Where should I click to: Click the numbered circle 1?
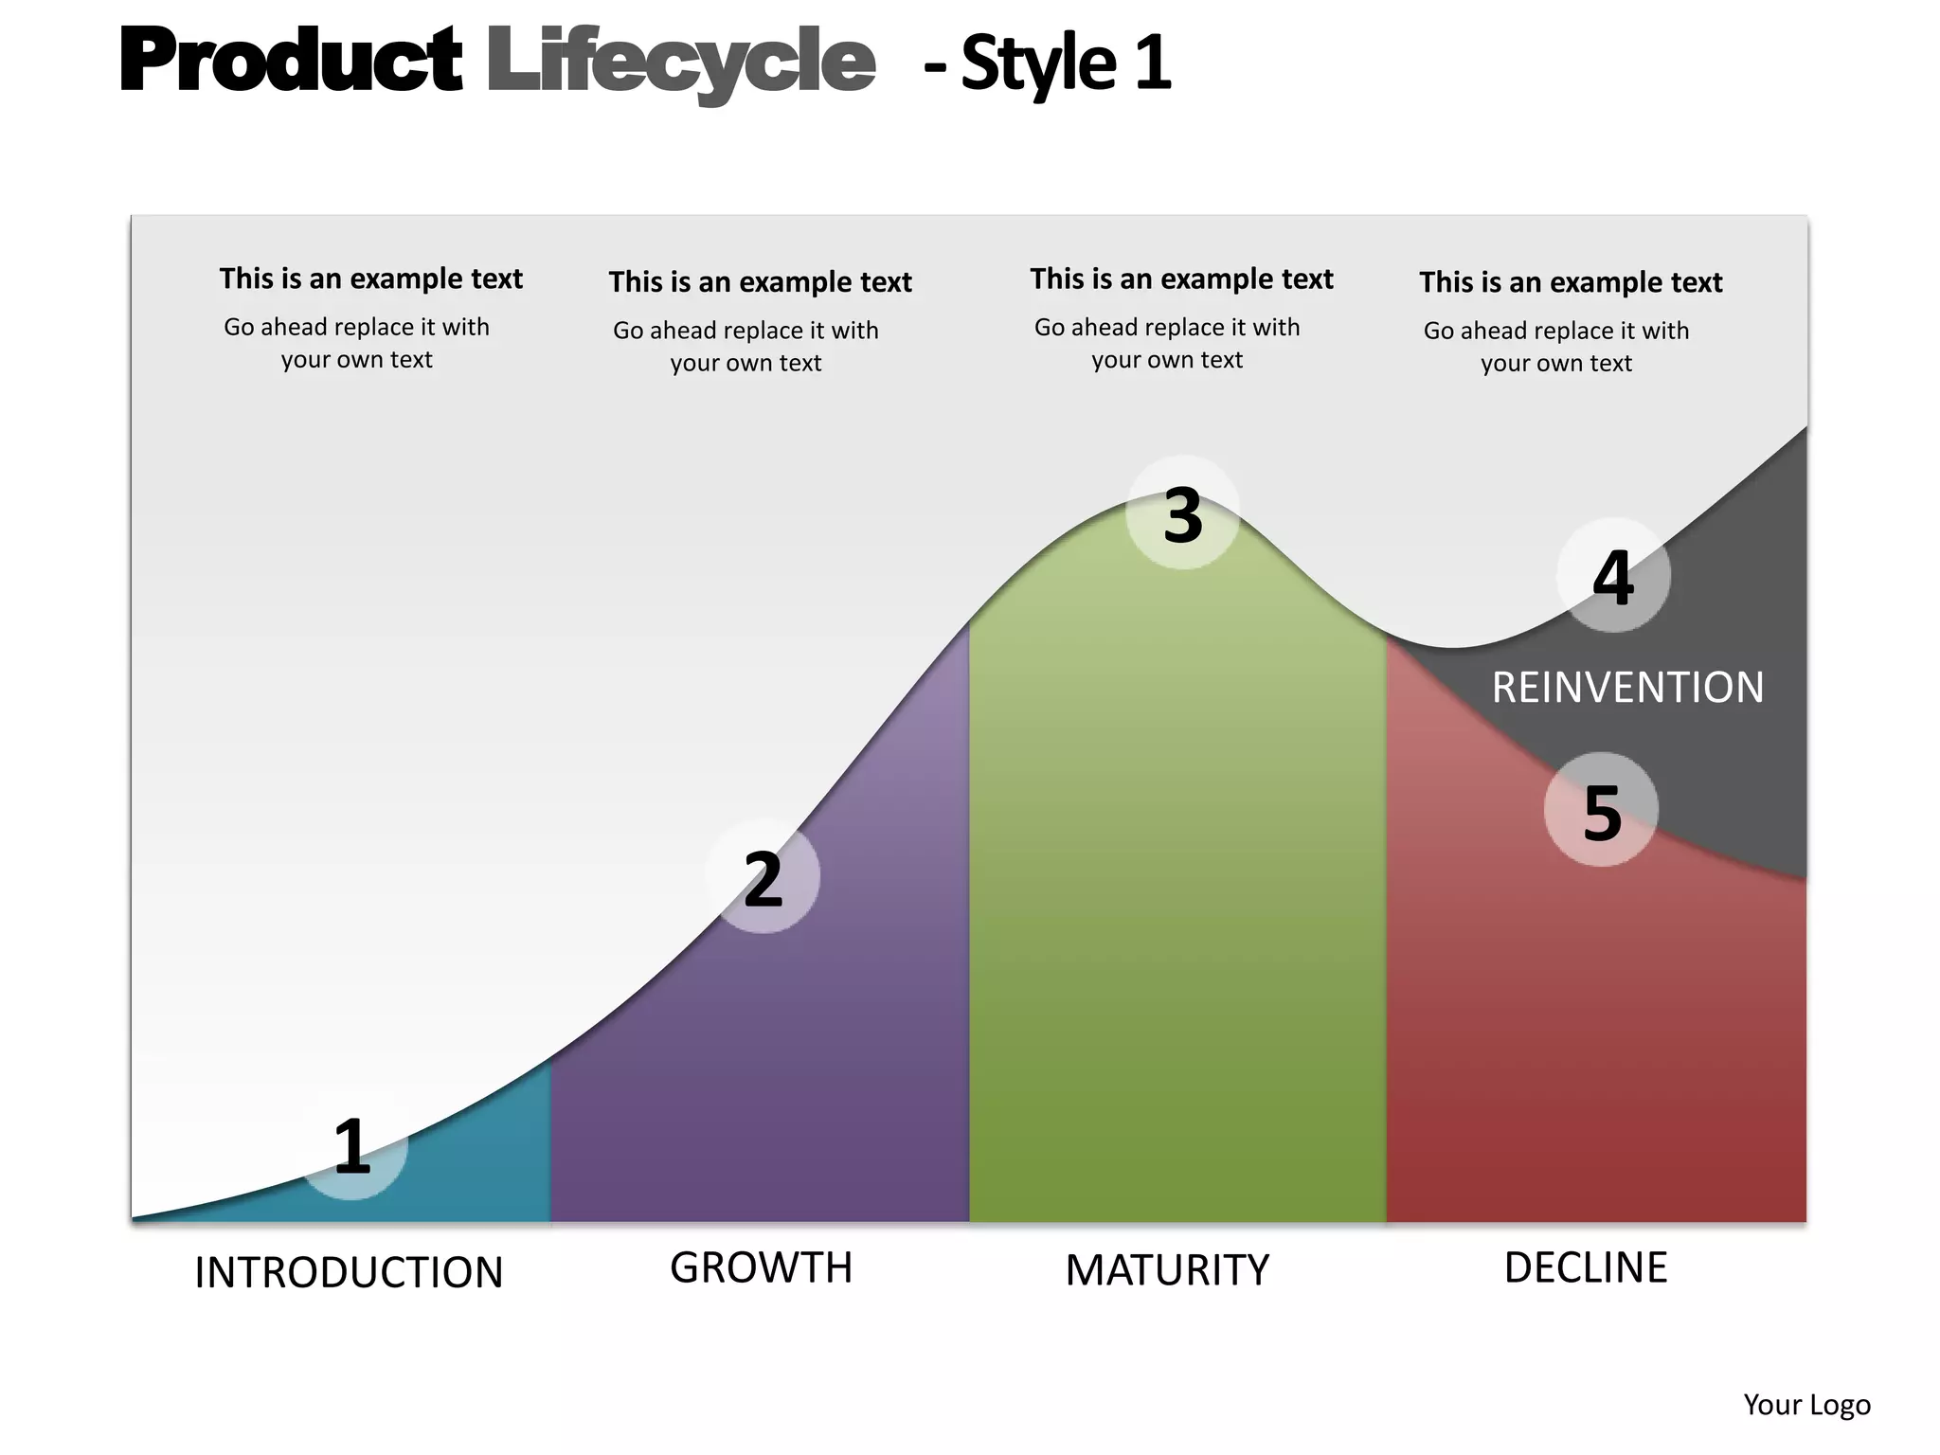pyautogui.click(x=352, y=1147)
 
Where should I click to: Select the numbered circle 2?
pyautogui.click(x=763, y=877)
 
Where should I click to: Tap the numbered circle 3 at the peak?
pyautogui.click(x=1182, y=513)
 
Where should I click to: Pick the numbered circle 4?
pyautogui.click(x=1613, y=576)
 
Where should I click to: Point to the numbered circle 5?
pyautogui.click(x=1601, y=810)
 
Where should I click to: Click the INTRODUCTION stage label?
pyautogui.click(x=349, y=1272)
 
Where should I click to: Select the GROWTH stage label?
pyautogui.click(x=761, y=1267)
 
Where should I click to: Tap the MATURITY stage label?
pyautogui.click(x=1167, y=1270)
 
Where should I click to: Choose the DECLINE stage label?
pyautogui.click(x=1586, y=1267)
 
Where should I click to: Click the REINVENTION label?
pyautogui.click(x=1627, y=687)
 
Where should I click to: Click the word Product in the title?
pyautogui.click(x=291, y=61)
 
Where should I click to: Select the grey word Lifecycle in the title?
pyautogui.click(x=680, y=63)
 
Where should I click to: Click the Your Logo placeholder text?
pyautogui.click(x=1806, y=1404)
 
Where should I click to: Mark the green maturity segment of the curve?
pyautogui.click(x=1177, y=900)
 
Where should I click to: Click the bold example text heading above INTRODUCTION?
pyautogui.click(x=370, y=278)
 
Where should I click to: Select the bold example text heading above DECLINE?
pyautogui.click(x=1570, y=281)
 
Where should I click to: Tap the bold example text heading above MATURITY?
pyautogui.click(x=1181, y=278)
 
